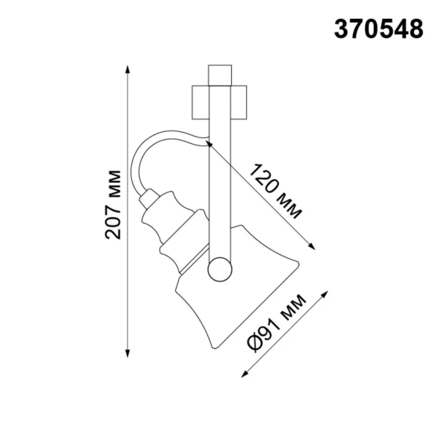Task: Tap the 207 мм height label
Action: point(114,204)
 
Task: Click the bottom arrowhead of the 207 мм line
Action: point(128,353)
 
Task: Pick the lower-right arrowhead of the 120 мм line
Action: point(311,247)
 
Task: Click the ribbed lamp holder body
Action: point(170,233)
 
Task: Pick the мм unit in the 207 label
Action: point(114,182)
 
